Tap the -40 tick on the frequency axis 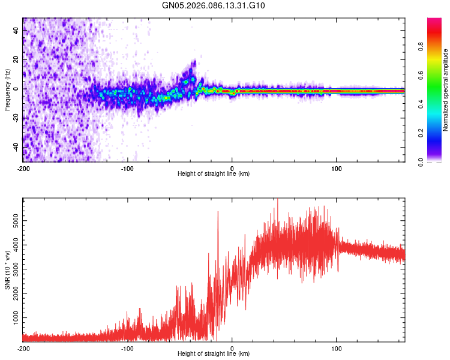point(15,146)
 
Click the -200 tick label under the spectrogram point(23,168)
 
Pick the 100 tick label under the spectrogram point(337,168)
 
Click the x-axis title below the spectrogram point(214,174)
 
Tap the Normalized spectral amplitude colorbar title point(446,90)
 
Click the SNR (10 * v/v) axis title point(7,270)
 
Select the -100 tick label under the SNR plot point(128,348)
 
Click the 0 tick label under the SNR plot point(233,348)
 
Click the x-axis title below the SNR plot point(214,354)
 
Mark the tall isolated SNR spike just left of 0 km point(218,213)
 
